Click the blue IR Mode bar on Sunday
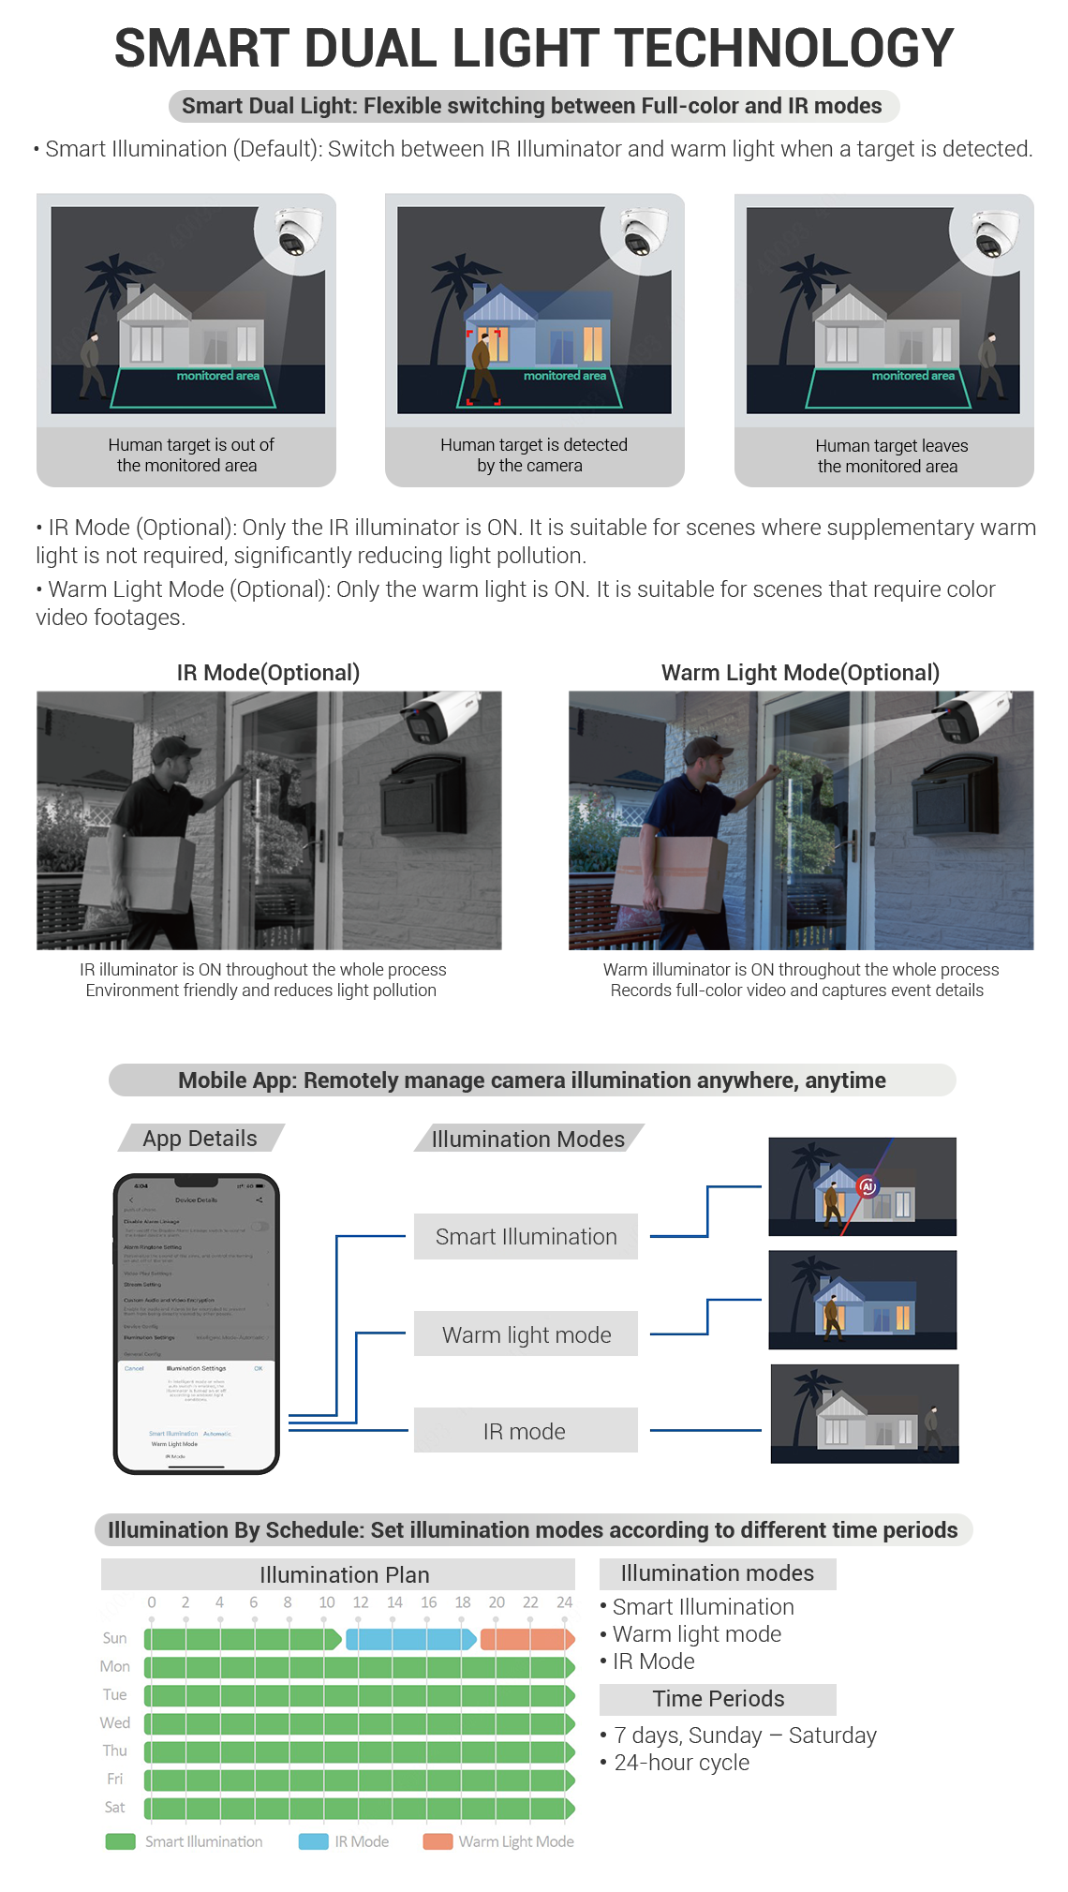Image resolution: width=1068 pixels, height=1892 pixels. coord(410,1639)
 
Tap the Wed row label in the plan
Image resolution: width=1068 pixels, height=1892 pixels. coord(115,1722)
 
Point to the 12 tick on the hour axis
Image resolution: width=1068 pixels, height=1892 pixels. coord(361,1602)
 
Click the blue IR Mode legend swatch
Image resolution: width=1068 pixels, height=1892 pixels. coord(313,1841)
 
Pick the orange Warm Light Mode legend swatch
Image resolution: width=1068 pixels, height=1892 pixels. coord(438,1841)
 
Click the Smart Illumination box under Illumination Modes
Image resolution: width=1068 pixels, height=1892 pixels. coord(526,1237)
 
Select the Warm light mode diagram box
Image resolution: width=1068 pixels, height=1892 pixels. coord(526,1334)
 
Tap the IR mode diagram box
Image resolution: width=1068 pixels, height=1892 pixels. coord(526,1431)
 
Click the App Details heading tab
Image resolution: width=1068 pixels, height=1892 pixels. coord(200,1139)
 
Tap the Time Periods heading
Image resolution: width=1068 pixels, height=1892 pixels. coord(718,1699)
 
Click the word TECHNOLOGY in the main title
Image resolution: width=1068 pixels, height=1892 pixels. coord(784,49)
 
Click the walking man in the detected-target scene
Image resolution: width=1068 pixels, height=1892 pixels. coord(482,366)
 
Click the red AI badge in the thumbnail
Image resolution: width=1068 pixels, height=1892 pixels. coord(868,1186)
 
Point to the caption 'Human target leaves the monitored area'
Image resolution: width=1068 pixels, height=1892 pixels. coord(888,456)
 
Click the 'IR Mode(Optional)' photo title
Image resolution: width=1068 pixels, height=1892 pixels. coord(268,673)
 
